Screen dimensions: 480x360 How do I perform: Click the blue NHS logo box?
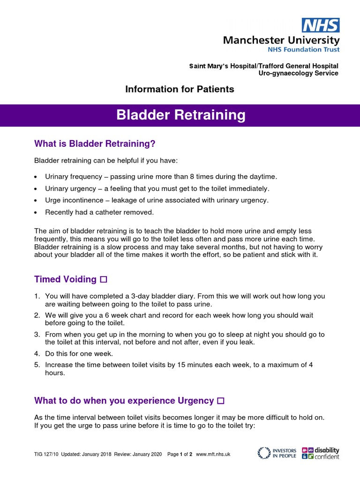[x=321, y=25]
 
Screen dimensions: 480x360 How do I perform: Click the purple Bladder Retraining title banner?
[x=180, y=115]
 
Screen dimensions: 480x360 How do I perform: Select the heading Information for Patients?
[x=180, y=89]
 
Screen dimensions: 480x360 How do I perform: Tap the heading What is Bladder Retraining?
[x=95, y=143]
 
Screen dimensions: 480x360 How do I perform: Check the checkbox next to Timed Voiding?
[x=104, y=280]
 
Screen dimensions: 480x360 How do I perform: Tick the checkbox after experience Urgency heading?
[x=221, y=401]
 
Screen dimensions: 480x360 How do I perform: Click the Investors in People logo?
[x=277, y=453]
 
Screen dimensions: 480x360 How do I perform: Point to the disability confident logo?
[x=321, y=453]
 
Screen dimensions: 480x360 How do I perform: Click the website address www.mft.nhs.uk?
[x=213, y=454]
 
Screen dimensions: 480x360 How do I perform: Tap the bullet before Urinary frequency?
[x=37, y=177]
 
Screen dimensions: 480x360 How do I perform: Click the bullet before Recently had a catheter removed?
[x=37, y=213]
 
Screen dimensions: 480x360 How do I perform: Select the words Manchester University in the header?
[x=281, y=40]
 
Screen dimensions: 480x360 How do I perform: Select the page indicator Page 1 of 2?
[x=180, y=454]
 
